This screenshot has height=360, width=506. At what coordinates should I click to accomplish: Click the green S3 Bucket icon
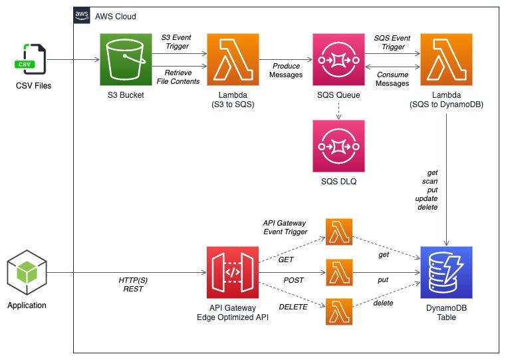pyautogui.click(x=124, y=59)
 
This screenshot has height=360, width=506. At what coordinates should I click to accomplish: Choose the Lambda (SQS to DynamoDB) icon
pyautogui.click(x=445, y=59)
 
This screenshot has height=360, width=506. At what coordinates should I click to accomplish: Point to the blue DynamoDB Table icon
pyautogui.click(x=445, y=272)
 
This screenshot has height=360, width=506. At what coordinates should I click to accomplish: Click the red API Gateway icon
pyautogui.click(x=232, y=272)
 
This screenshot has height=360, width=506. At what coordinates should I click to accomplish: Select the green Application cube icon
pyautogui.click(x=27, y=272)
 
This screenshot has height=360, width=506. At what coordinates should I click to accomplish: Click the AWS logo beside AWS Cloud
pyautogui.click(x=82, y=15)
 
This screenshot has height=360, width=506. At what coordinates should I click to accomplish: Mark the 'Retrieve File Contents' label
pyautogui.click(x=181, y=76)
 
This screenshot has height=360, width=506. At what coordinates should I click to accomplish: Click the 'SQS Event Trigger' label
pyautogui.click(x=392, y=43)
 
